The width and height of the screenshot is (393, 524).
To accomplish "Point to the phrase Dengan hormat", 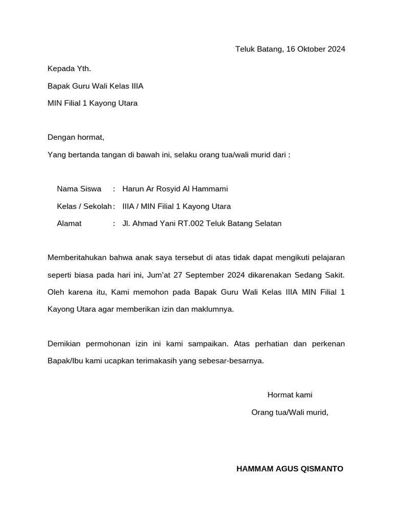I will pos(76,137).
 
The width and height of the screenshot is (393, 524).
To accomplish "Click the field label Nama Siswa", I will pos(79,189).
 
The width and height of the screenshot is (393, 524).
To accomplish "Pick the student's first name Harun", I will pos(133,189).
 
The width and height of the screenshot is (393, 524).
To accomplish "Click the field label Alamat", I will pos(69,224).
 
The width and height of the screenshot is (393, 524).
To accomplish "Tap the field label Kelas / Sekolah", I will pos(84,206).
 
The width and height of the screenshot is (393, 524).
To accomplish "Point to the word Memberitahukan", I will pos(77,257).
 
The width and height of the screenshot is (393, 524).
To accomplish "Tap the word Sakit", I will pos(334,275).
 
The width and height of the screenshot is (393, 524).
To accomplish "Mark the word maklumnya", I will pos(212,310).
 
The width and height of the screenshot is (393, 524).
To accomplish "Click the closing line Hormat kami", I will pos(290,395).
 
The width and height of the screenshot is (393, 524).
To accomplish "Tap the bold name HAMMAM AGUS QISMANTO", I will pos(290,469).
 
